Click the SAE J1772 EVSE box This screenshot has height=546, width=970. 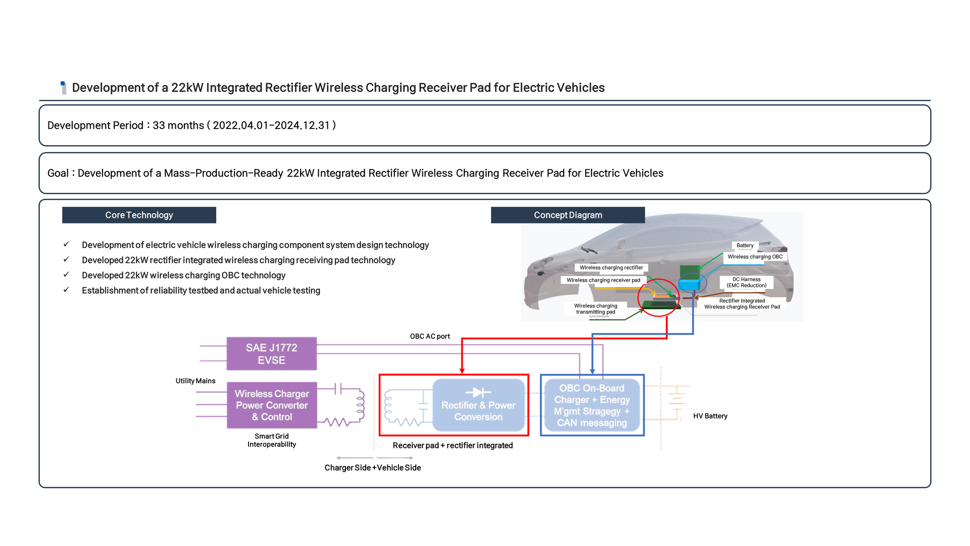click(271, 354)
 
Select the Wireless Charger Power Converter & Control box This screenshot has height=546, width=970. click(271, 405)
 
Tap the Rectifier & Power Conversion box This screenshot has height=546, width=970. click(478, 405)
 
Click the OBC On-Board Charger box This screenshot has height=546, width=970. click(592, 405)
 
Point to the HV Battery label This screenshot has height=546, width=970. click(710, 416)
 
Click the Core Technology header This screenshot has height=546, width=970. click(139, 215)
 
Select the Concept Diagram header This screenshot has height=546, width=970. click(568, 215)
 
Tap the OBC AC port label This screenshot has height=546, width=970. click(429, 336)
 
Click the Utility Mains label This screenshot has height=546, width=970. click(195, 381)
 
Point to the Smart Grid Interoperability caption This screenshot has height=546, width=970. click(271, 440)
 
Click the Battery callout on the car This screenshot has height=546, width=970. click(745, 245)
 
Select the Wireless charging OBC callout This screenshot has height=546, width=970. click(755, 257)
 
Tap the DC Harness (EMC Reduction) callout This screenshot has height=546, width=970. click(746, 282)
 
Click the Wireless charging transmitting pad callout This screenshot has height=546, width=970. click(595, 309)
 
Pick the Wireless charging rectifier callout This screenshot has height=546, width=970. click(611, 267)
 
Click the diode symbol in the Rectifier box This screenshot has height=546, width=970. click(478, 392)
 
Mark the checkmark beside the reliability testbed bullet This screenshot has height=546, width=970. click(66, 290)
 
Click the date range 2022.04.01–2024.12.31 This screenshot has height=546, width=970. click(271, 125)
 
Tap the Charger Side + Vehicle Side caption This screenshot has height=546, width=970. click(372, 468)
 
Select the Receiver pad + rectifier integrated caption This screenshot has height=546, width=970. click(453, 445)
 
